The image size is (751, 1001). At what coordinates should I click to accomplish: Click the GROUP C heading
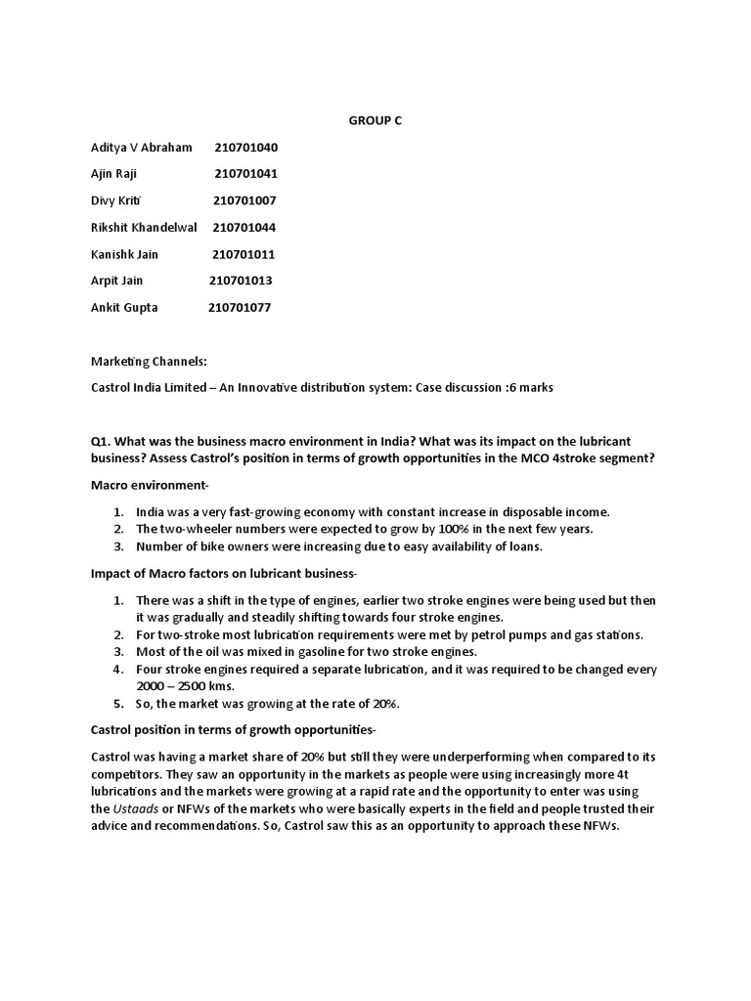[375, 120]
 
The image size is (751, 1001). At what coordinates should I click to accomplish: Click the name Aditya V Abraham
[142, 148]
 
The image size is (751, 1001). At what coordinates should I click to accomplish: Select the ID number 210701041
[246, 174]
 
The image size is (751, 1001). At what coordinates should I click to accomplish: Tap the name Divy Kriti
[115, 200]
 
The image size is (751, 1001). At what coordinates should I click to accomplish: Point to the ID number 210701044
[243, 228]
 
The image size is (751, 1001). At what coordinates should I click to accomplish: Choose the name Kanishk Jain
[124, 254]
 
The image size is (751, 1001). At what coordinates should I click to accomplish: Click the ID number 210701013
[241, 281]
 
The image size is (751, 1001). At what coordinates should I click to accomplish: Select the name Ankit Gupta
[124, 307]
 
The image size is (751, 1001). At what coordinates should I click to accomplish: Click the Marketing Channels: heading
[149, 362]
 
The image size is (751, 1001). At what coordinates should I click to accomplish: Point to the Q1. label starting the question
[102, 441]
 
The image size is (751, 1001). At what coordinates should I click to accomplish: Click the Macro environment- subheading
[150, 486]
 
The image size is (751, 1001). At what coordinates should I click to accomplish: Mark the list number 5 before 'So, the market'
[116, 704]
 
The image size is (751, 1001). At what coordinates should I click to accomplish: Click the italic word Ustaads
[134, 809]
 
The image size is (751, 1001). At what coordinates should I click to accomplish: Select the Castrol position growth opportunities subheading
[233, 730]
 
